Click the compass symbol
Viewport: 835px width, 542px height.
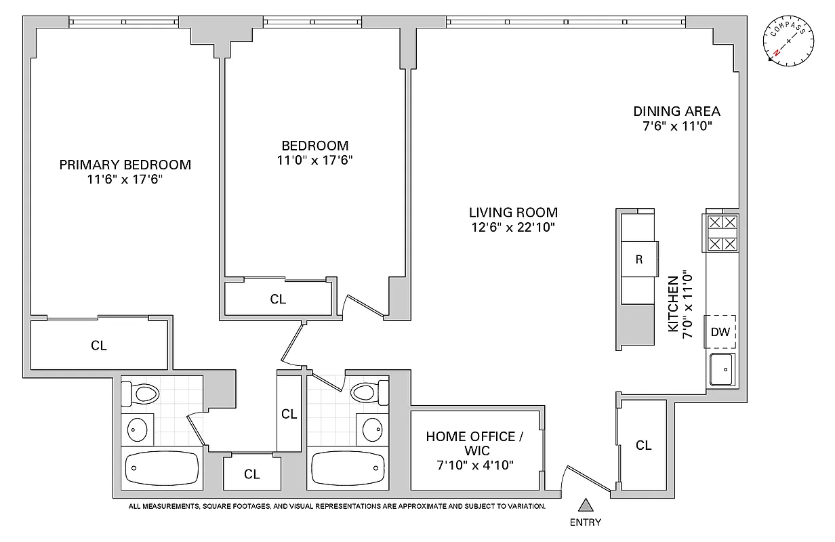pos(790,41)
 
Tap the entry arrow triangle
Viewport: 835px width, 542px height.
pos(586,505)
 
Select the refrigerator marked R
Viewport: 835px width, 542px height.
pos(639,259)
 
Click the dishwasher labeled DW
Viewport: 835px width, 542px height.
pos(720,332)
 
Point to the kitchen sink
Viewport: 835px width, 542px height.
pos(722,370)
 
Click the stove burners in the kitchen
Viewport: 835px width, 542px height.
pos(722,233)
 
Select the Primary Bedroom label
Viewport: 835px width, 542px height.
pos(125,165)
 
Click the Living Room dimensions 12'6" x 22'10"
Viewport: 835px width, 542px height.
pos(513,228)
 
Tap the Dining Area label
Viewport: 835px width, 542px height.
pos(676,111)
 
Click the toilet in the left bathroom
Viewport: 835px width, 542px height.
pos(142,393)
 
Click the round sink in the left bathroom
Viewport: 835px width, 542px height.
pos(138,430)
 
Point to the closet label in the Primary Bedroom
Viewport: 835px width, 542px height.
pos(99,346)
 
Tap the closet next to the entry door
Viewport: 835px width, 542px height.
pos(643,445)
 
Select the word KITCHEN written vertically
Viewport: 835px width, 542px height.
pos(672,304)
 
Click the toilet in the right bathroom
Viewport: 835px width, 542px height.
pos(367,392)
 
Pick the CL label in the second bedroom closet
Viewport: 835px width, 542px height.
pos(278,299)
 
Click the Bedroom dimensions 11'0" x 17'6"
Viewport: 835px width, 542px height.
pos(315,161)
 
